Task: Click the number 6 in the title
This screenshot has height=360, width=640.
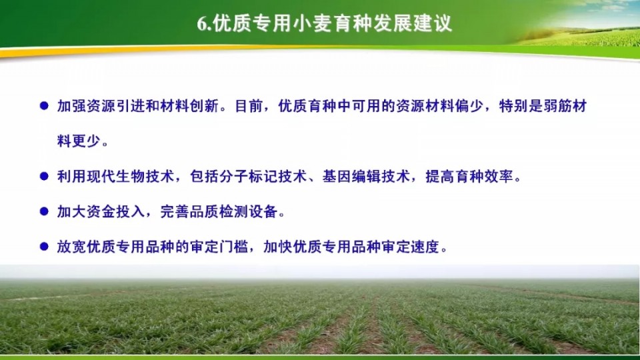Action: point(203,24)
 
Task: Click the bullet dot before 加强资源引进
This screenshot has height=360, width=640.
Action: point(44,106)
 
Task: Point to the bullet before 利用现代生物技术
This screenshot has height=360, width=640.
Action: point(44,176)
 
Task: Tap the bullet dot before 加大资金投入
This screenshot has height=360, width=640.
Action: point(44,211)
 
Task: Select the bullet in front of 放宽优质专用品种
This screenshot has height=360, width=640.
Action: point(44,247)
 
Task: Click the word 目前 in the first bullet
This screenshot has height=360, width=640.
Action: point(249,106)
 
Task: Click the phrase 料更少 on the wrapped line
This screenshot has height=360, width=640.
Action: point(79,141)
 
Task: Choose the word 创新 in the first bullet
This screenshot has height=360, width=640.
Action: point(205,106)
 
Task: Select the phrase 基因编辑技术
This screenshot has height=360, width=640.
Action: point(367,176)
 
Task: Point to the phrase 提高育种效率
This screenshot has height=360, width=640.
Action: point(469,176)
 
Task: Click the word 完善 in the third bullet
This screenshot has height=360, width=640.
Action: point(175,211)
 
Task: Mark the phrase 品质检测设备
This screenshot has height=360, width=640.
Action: point(234,211)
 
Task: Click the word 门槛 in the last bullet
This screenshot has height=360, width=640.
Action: point(234,247)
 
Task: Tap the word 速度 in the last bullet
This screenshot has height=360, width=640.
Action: point(425,247)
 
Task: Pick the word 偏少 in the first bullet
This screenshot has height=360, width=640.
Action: point(469,106)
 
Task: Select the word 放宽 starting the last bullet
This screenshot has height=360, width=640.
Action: point(71,247)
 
